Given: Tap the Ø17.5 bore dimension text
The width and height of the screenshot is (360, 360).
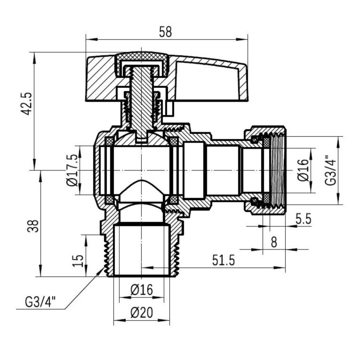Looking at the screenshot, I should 72,170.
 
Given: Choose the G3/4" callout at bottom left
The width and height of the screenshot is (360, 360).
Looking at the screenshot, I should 40,302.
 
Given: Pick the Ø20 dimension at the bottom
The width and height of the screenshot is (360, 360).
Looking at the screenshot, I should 141,312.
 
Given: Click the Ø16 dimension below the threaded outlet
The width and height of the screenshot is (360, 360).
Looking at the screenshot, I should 141,290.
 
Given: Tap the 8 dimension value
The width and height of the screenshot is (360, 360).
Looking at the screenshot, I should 274,242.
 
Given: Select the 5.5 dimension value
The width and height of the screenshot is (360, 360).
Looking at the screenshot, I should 303,219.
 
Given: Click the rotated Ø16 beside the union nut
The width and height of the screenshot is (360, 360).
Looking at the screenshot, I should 302,169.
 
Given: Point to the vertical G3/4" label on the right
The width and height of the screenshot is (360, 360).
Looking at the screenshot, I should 330,170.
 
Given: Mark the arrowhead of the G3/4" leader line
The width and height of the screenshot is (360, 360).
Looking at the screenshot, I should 102,270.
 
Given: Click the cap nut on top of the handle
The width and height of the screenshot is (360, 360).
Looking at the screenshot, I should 142,60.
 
